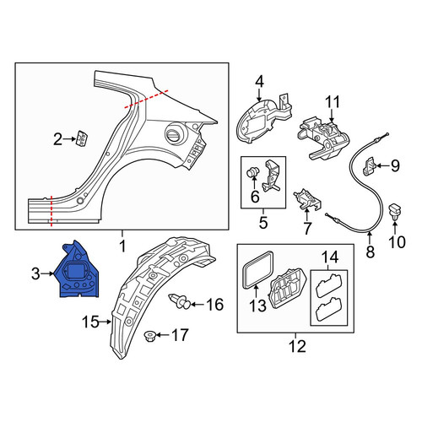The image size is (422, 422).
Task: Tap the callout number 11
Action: [x=333, y=102]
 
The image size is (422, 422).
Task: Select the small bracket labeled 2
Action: [x=82, y=138]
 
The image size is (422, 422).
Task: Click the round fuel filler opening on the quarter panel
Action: [x=175, y=134]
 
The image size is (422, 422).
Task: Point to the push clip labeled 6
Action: [x=252, y=173]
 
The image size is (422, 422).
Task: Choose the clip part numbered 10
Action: [x=395, y=213]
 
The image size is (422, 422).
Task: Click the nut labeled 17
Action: [x=149, y=336]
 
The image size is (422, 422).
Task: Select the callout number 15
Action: [x=90, y=322]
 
